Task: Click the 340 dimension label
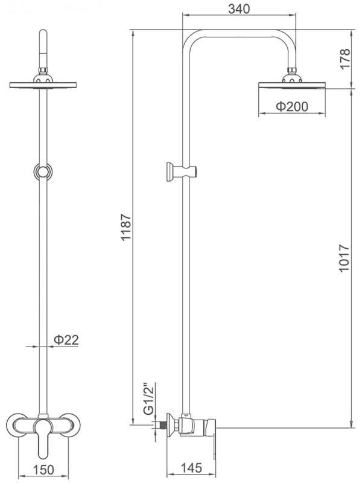[x=239, y=8]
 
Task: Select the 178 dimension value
[x=345, y=59]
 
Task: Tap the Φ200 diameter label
[x=292, y=106]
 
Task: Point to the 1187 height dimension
[x=126, y=227]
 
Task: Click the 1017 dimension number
[x=344, y=258]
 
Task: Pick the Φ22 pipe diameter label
[x=66, y=339]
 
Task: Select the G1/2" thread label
[x=148, y=398]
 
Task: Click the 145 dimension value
[x=191, y=468]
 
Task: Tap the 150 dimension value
[x=43, y=470]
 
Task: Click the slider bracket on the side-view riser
[x=182, y=171]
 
